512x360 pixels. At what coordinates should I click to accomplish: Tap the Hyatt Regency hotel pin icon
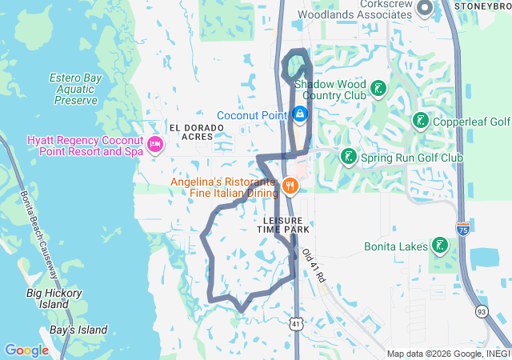(x=155, y=145)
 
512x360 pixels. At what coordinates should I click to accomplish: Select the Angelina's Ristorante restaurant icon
(x=290, y=186)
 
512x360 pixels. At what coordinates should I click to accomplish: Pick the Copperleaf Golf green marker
(x=420, y=121)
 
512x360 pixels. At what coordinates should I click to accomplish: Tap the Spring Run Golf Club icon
(x=348, y=157)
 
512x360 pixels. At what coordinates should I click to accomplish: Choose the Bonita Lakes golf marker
(x=439, y=245)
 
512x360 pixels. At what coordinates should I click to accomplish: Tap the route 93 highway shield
(x=482, y=310)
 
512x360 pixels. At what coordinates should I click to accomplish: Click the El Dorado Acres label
(x=191, y=132)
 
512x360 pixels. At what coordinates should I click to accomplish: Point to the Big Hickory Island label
(x=54, y=298)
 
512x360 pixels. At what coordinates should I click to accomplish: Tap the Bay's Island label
(x=78, y=330)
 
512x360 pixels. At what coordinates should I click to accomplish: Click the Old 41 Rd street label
(x=314, y=265)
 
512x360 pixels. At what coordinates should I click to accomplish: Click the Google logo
(x=26, y=350)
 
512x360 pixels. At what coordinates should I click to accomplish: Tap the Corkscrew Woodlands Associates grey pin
(x=423, y=9)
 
